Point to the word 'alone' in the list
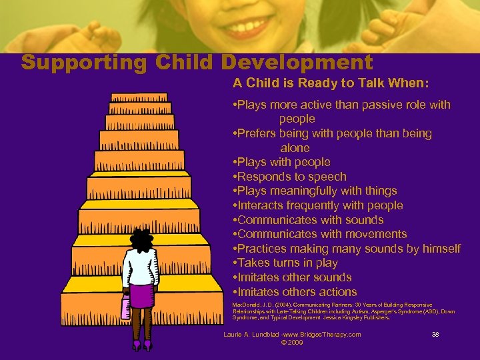[x=295, y=148]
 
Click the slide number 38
[x=435, y=335]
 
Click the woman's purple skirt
[x=141, y=295]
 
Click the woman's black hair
[x=141, y=238]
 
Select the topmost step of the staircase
[x=139, y=97]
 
